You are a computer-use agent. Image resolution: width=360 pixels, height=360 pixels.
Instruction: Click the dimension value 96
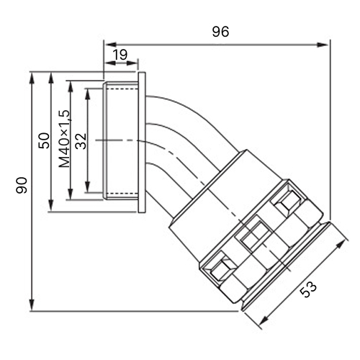point(220,32)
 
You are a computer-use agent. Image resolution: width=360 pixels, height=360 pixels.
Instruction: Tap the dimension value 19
point(120,55)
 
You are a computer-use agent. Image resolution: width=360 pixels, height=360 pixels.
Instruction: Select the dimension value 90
point(22,185)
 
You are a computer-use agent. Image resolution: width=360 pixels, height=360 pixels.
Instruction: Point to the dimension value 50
point(44,140)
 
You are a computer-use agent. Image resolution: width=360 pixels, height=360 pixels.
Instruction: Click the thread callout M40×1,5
point(64,139)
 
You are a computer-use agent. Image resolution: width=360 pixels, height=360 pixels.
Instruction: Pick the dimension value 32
point(81,141)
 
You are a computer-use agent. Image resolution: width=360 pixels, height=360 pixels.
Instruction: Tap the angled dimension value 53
point(309,289)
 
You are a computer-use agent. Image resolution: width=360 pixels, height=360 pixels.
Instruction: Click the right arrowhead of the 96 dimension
point(323,45)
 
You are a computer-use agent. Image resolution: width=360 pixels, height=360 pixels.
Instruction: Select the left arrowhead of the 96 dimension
point(110,45)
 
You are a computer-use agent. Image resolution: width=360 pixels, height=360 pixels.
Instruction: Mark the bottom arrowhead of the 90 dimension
point(32,305)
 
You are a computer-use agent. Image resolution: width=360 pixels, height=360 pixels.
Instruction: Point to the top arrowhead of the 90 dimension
point(32,78)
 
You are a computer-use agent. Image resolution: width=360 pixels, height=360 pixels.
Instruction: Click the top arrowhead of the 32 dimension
point(88,94)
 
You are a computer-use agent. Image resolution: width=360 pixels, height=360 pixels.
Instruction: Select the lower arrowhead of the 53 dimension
point(265,320)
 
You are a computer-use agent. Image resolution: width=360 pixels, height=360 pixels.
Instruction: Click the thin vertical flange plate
point(142,143)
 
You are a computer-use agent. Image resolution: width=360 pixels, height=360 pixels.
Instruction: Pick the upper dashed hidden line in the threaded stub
point(122,89)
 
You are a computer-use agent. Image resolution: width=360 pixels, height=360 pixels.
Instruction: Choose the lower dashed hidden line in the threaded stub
point(122,194)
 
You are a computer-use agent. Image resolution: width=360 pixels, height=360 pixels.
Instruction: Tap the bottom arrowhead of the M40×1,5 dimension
point(71,194)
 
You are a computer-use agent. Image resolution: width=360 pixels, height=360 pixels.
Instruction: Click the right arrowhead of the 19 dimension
point(132,63)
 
